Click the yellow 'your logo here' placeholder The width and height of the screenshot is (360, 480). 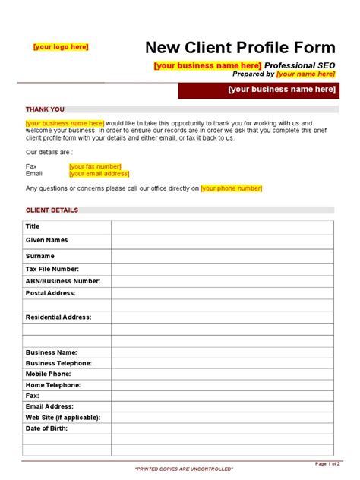(61, 47)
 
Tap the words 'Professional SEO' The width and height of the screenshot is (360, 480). (300, 65)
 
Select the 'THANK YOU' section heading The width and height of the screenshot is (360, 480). (46, 109)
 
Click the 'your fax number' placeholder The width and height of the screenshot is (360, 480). (95, 166)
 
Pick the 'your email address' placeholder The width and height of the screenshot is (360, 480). (99, 173)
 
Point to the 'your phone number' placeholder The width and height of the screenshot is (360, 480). (232, 188)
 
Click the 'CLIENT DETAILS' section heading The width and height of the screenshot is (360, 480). (52, 210)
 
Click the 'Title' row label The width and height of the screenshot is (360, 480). (33, 226)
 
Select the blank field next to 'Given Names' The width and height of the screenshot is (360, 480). (222, 241)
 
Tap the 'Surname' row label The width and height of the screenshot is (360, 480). (40, 256)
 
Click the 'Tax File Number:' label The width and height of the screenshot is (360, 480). (52, 269)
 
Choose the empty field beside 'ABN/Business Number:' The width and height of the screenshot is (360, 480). (222, 281)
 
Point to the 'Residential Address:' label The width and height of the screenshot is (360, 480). (58, 317)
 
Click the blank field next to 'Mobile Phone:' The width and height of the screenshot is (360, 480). (222, 374)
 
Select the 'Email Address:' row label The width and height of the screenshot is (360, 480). (51, 406)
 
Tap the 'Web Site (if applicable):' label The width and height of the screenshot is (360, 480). (63, 417)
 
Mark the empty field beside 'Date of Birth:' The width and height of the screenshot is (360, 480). (222, 428)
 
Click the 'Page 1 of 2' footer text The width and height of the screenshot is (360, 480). (327, 463)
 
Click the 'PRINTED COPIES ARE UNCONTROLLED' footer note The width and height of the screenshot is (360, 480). (185, 469)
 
